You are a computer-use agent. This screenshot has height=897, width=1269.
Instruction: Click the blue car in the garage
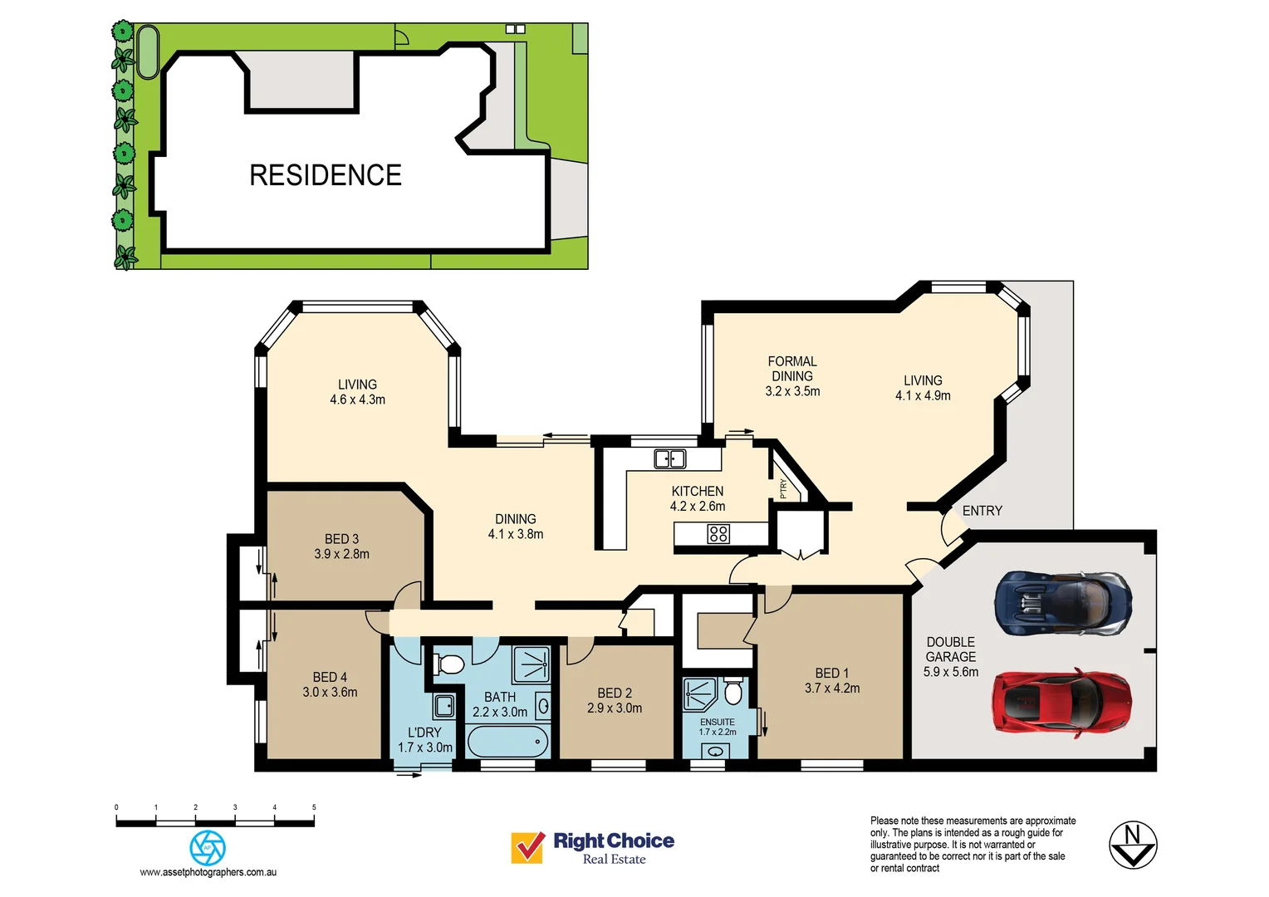pos(1063,602)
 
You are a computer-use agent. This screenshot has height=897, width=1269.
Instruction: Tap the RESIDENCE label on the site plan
pos(326,175)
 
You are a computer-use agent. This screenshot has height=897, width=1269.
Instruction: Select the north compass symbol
pos(1133,845)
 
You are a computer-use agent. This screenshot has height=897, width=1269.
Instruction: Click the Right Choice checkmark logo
pos(527,848)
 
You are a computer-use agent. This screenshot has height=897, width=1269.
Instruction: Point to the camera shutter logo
pos(208,848)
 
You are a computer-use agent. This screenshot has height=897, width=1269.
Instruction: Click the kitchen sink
pos(669,458)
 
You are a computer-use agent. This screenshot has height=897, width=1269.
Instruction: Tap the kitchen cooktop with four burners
pos(718,534)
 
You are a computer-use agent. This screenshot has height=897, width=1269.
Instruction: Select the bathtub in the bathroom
pos(507,741)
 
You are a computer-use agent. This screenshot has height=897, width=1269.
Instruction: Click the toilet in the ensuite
pos(732,691)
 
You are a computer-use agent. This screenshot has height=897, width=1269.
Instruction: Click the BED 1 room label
pos(831,674)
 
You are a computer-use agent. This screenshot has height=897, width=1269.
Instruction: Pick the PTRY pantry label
pos(783,488)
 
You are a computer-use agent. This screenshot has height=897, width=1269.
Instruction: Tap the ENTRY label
pos(982,511)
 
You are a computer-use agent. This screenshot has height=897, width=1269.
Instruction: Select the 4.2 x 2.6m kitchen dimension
pos(698,507)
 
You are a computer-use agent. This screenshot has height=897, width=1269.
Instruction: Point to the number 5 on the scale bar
pos(314,807)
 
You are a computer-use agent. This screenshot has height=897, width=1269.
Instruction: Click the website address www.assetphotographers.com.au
pos(208,872)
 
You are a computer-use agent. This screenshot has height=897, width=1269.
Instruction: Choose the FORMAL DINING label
pos(792,369)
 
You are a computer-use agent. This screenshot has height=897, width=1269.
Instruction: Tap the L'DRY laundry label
pos(424,733)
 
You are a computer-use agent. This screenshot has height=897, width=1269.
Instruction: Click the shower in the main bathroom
pos(531,665)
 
